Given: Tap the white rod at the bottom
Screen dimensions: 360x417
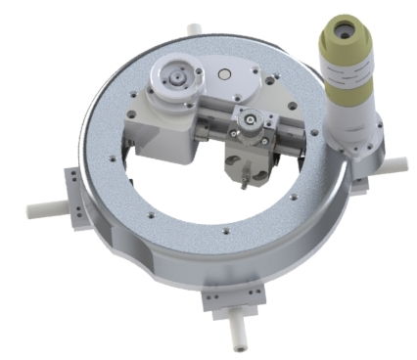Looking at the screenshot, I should (234, 332).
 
